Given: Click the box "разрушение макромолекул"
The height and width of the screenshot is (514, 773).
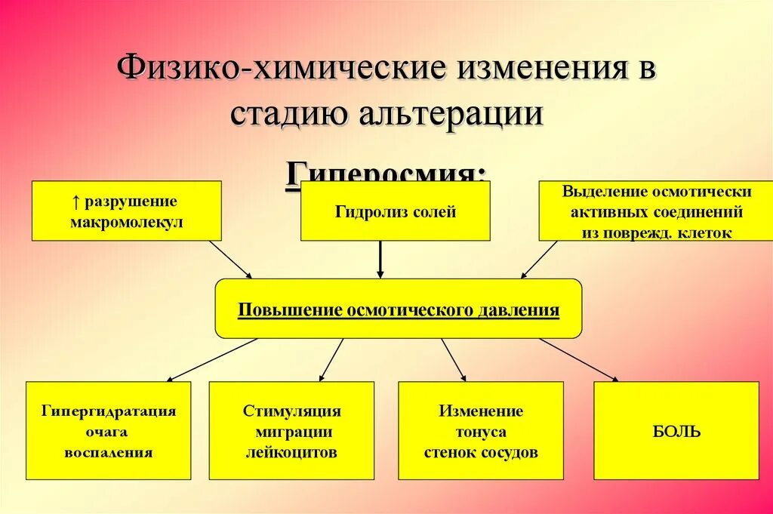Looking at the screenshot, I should [x=126, y=211].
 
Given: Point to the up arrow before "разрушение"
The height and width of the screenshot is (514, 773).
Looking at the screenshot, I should [x=76, y=202].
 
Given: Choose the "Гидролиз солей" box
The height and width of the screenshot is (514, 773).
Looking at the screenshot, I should [x=396, y=211].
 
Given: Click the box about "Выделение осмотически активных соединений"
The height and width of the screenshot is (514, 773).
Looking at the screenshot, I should [x=656, y=211].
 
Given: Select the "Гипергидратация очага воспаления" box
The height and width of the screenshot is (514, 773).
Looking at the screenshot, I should [x=109, y=431].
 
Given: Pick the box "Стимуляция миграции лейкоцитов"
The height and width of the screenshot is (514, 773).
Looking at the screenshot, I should [x=291, y=431].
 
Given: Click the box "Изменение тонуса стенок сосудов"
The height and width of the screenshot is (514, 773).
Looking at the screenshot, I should [x=481, y=431].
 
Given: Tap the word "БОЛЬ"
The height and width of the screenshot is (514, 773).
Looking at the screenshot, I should [x=676, y=432].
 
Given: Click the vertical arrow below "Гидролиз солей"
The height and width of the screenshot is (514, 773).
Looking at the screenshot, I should [x=380, y=259].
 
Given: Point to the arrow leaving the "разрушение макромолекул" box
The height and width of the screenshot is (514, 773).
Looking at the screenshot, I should [x=230, y=259].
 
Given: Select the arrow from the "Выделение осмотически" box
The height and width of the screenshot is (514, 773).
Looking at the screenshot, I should [x=539, y=259].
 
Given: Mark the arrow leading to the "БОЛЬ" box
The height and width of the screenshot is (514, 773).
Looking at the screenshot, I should [x=578, y=359].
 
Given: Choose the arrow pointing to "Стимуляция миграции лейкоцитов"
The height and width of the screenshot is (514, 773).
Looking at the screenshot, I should [x=331, y=359].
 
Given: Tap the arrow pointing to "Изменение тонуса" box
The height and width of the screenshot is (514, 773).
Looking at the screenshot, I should [x=454, y=359].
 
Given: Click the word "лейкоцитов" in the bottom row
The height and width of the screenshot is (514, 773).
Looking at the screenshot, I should [x=291, y=453].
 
